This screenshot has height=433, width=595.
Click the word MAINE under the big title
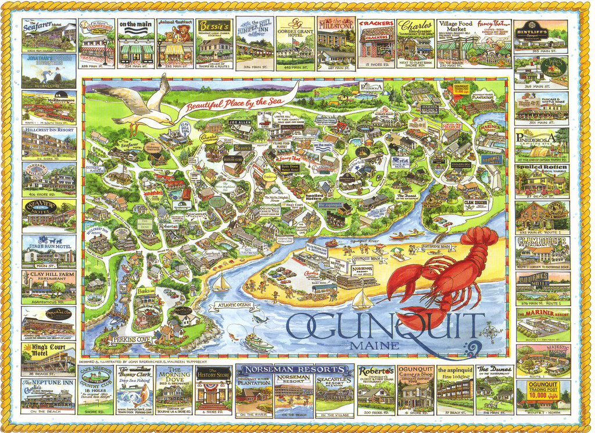375,346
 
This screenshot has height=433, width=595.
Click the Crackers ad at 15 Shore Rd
375,44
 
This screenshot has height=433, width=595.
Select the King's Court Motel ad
48,357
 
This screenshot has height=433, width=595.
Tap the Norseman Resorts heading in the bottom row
294,370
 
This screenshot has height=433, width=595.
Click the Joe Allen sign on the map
239,123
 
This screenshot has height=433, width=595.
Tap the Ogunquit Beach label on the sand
369,258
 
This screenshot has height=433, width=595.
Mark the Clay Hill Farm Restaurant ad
48,287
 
